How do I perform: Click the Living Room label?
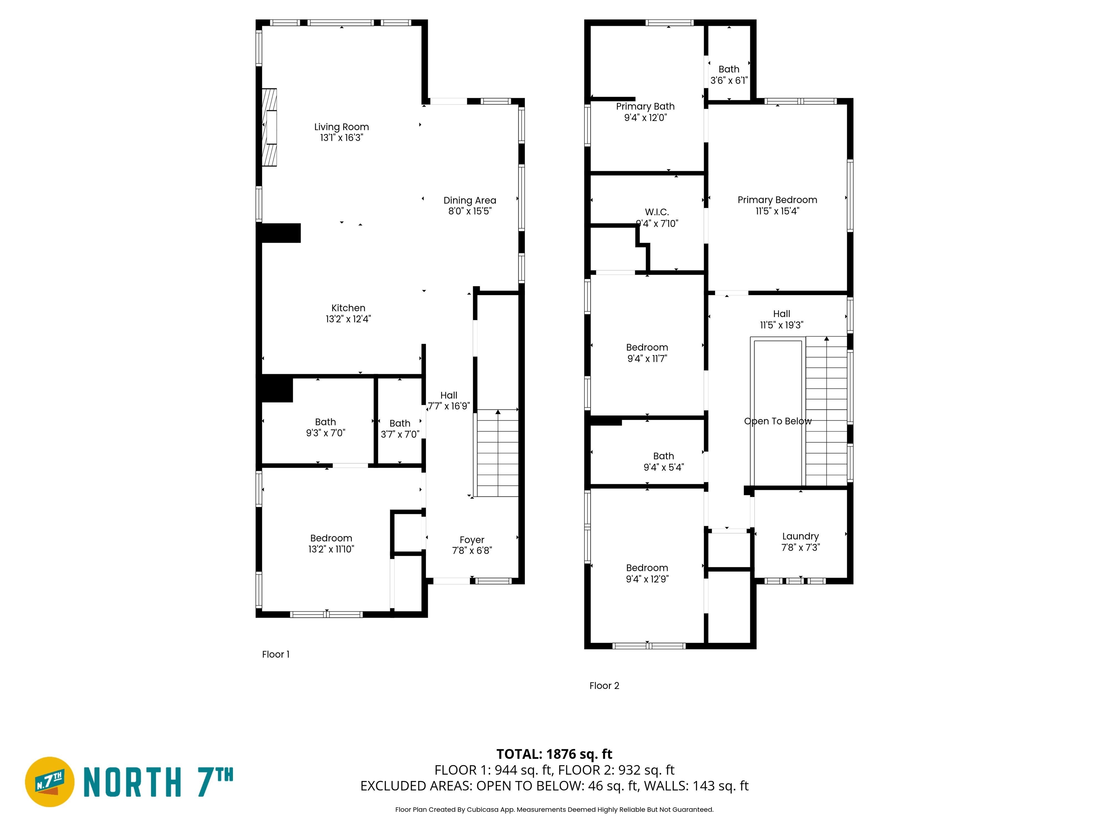342,127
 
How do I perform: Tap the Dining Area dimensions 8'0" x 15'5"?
470,211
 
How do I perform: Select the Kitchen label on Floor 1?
348,308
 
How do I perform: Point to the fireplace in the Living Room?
270,127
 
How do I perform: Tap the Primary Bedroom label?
777,200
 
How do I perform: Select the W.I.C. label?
657,212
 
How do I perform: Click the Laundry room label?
800,537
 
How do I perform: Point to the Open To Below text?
778,421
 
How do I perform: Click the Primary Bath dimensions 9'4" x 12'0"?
645,118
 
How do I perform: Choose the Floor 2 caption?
604,685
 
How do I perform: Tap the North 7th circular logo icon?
49,782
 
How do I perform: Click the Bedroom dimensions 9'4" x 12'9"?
647,579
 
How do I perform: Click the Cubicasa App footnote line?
554,810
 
